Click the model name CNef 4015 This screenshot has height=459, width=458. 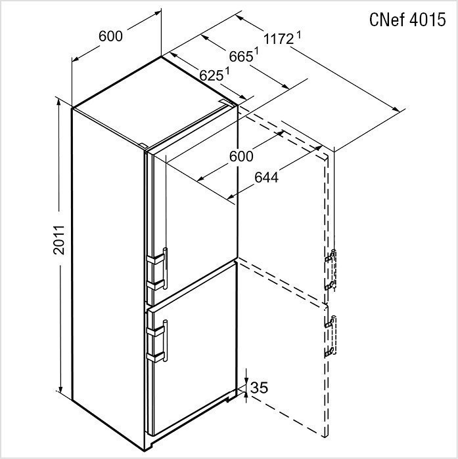pos(407,20)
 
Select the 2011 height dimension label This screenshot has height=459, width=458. pos(59,239)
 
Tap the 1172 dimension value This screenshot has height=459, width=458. pos(279,39)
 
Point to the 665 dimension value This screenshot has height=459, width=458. pos(241,56)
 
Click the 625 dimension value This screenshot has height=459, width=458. pos(211,75)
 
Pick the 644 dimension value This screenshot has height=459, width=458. pos(266,178)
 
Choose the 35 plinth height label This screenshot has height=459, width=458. pos(260,388)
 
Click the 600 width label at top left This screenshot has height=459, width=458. pos(110,36)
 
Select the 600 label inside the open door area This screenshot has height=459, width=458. pos(241,156)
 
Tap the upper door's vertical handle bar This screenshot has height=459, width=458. pos(166,268)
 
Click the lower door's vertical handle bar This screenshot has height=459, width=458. pos(166,341)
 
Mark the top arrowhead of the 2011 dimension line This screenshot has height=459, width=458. pos(59,102)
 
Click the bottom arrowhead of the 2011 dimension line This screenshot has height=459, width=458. pos(60,389)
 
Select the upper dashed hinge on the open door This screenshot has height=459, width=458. pos(331,269)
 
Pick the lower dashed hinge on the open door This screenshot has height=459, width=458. pos(331,336)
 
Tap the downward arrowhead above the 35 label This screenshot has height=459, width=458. pos(246,380)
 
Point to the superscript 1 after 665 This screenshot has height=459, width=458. pos(256,51)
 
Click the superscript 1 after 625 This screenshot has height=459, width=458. pos(227,71)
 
